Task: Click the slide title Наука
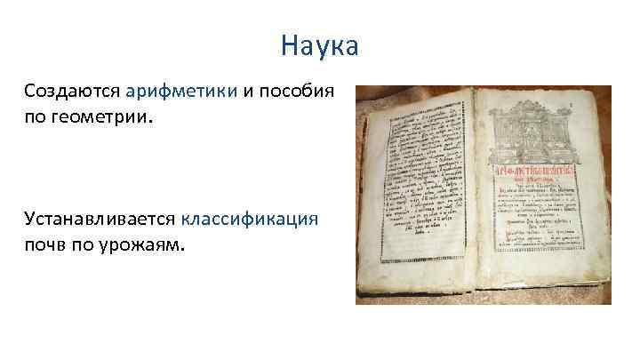pyautogui.click(x=319, y=44)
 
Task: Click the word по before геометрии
pyautogui.click(x=37, y=116)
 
